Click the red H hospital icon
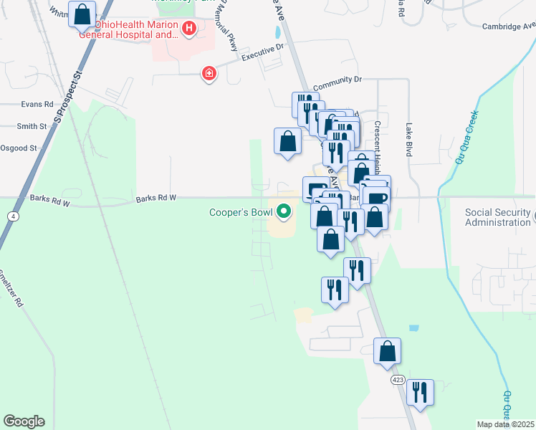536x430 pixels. pos(189,29)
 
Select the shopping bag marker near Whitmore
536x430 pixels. pos(82,14)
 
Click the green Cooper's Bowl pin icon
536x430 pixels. pos(284,211)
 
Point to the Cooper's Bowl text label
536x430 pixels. pos(241,212)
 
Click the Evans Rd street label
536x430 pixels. pos(38,104)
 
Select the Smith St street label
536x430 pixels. pos(32,126)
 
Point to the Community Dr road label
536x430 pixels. pos(338,81)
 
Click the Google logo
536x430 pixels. pos(24,421)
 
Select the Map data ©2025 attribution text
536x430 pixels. pos(504,424)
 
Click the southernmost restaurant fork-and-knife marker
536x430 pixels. pos(419,393)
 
